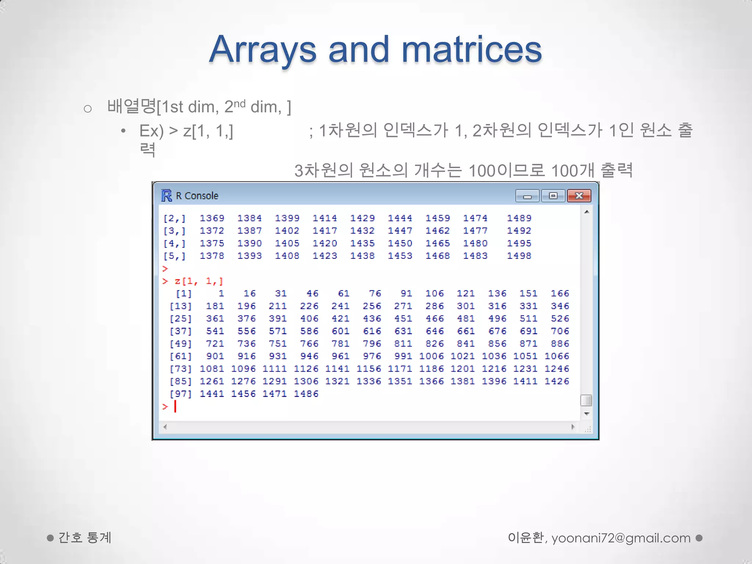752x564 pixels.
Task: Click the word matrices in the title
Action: pos(471,50)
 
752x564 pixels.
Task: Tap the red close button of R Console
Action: pos(579,196)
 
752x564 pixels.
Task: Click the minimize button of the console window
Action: pos(527,196)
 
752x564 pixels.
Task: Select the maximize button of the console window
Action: pos(553,196)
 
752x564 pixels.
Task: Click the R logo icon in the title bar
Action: pos(166,196)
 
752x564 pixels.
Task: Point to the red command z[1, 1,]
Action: pos(199,281)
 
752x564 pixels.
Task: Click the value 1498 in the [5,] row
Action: pos(519,256)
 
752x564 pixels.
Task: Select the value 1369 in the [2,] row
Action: pos(212,218)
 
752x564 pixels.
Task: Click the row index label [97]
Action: pos(180,394)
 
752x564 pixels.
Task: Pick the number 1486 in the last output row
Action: pos(306,394)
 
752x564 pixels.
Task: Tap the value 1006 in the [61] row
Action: pos(431,356)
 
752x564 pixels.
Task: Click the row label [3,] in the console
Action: pos(174,231)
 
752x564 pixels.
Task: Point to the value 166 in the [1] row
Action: pos(560,293)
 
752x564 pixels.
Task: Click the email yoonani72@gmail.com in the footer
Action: pos(621,538)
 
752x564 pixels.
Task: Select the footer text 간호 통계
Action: pos(84,538)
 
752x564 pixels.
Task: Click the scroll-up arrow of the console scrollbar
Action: pos(586,212)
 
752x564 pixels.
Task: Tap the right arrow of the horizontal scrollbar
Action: pos(573,427)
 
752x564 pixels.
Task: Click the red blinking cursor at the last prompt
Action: pos(175,406)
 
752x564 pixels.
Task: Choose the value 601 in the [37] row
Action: pos(340,331)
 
